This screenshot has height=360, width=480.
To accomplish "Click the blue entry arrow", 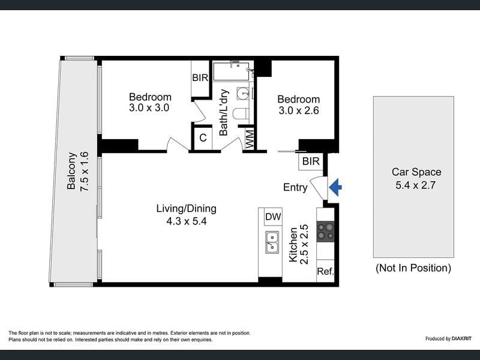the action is (335, 187).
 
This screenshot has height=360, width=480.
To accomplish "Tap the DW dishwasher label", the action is (273, 217).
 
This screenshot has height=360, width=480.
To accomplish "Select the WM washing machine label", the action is (250, 139).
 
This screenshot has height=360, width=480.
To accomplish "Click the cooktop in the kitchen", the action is (325, 232).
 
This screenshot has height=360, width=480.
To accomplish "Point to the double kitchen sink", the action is (272, 242).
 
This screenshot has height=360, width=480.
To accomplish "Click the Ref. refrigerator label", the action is (325, 271).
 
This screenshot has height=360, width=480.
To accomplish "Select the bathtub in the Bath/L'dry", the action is (233, 71).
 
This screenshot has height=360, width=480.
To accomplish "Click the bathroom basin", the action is (243, 93).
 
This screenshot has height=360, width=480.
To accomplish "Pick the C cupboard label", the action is (203, 138).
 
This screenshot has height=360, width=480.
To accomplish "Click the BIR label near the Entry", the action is (311, 161).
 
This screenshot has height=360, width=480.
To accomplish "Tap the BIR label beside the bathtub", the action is (200, 78).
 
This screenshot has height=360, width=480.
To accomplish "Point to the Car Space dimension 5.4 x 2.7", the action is (415, 185).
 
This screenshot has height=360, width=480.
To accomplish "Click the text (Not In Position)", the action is (413, 268).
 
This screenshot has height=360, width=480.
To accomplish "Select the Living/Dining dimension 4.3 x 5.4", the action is (187, 221).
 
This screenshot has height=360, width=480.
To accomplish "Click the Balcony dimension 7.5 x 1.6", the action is (84, 172).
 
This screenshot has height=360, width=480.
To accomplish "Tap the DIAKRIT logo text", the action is (461, 338).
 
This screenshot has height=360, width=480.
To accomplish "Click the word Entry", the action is (295, 187).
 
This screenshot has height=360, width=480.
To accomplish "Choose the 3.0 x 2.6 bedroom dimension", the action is (298, 110).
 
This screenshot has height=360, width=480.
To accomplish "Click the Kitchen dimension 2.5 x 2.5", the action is (305, 245).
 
